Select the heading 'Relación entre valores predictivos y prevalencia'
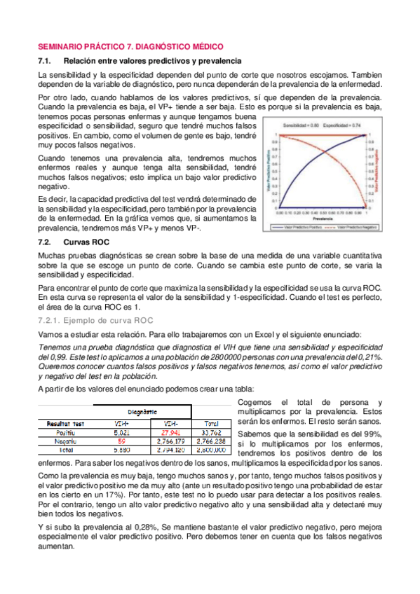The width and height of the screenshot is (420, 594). (152, 61)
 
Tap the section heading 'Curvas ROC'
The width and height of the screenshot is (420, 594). (88, 241)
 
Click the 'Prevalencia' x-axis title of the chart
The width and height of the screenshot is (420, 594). (322, 218)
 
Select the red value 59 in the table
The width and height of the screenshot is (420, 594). (121, 441)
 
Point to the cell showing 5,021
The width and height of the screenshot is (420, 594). (121, 433)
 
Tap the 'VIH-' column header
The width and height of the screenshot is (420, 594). (170, 424)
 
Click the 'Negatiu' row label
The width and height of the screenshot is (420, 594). (58, 441)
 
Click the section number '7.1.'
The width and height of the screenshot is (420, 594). (46, 61)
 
